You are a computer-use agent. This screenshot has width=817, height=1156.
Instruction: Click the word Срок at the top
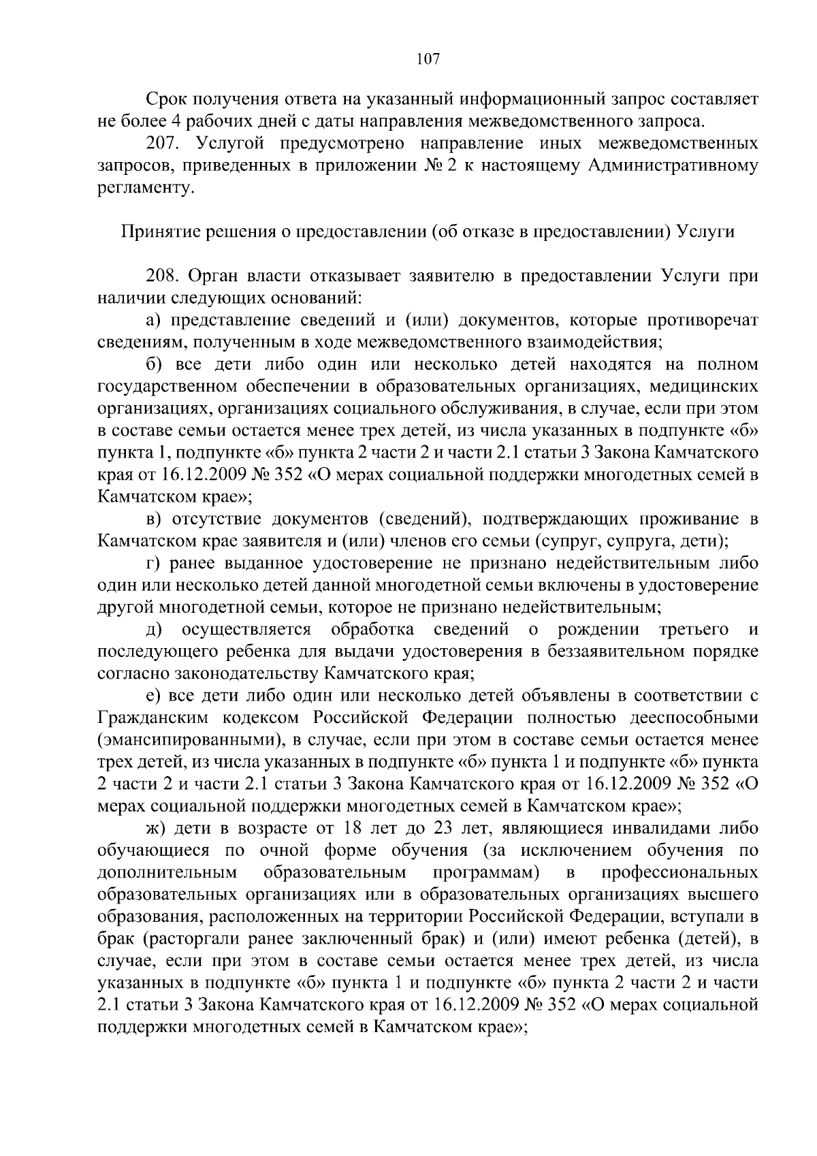tap(170, 99)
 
